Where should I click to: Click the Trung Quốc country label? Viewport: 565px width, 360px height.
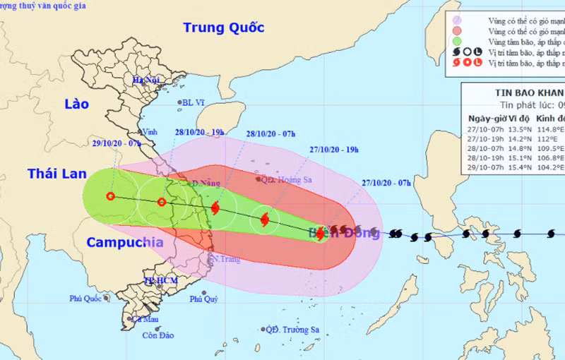pos(223,28)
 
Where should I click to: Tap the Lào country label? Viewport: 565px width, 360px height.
pos(76,104)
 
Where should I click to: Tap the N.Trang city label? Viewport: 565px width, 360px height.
pos(224,259)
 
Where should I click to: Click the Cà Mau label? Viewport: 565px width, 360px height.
pos(144,319)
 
